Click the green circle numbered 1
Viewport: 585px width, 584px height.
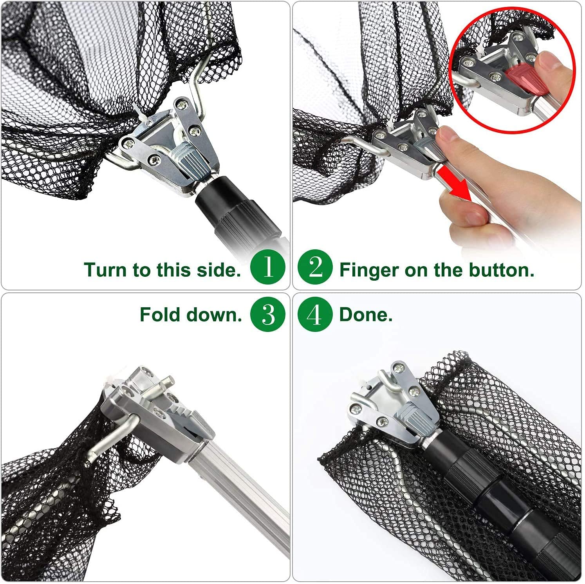(268, 268)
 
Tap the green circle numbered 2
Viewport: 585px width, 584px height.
(315, 268)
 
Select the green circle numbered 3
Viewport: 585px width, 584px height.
(268, 314)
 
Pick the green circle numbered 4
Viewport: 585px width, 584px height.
(315, 314)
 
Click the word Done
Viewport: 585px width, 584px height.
(366, 315)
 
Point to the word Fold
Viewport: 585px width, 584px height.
(161, 315)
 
